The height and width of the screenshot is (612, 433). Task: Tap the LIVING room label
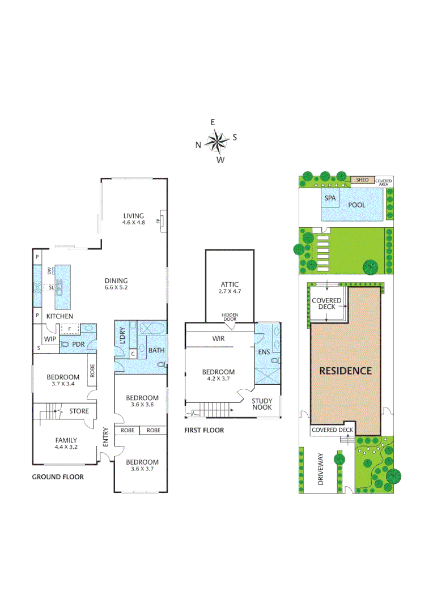coord(134,219)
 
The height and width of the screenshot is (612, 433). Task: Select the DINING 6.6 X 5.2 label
coord(116,283)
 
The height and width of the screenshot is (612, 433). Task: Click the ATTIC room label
coord(230,287)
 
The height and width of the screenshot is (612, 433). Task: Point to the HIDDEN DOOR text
coord(230,316)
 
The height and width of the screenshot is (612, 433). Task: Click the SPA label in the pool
coord(330,199)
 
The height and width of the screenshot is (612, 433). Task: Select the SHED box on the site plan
coord(362,180)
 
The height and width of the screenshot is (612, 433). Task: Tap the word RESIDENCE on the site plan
coord(345,371)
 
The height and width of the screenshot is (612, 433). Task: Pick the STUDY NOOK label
coord(262,404)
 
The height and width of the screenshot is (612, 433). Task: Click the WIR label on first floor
coord(219,338)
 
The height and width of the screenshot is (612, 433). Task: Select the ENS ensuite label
coord(265,352)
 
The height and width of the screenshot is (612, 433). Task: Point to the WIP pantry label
coord(50,339)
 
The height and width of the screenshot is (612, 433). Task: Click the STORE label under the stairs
coord(79,411)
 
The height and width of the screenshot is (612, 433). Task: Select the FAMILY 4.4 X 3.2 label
coord(66,444)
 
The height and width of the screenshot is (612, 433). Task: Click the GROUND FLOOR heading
coord(58,477)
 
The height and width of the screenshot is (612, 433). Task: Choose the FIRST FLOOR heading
coord(204,431)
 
